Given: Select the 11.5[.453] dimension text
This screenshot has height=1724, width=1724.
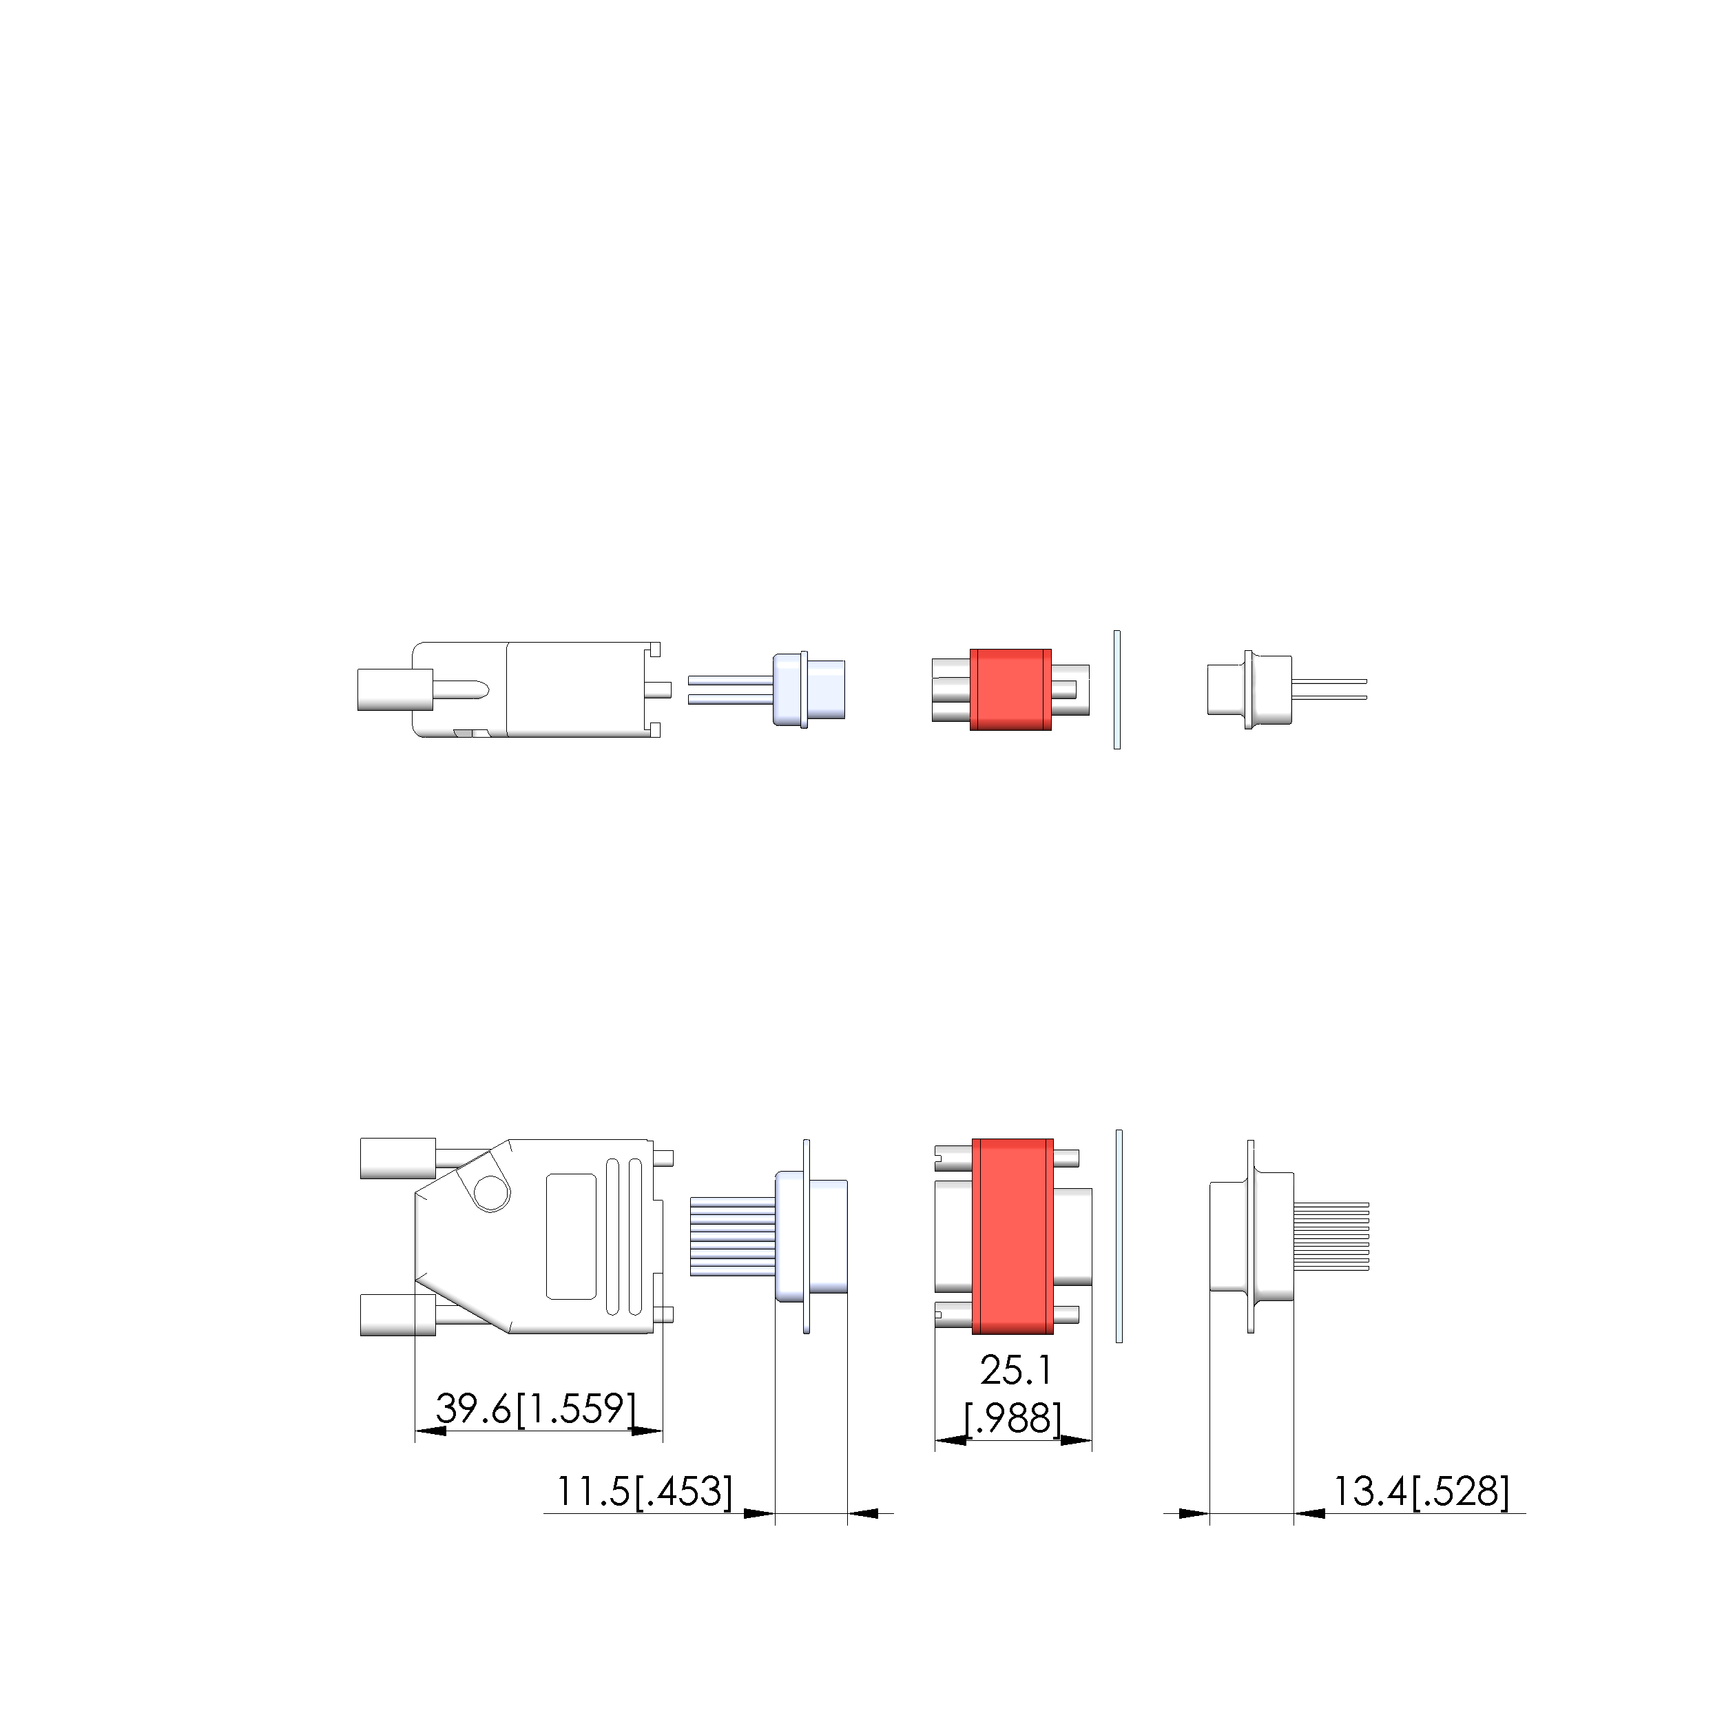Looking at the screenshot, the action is pyautogui.click(x=644, y=1491).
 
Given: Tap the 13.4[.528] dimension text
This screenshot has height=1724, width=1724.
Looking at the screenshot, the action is pyautogui.click(x=1422, y=1491).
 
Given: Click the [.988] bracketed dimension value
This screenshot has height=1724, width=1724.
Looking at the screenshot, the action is pyautogui.click(x=1014, y=1419).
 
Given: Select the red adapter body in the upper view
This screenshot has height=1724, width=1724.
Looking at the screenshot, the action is pyautogui.click(x=1010, y=689).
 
